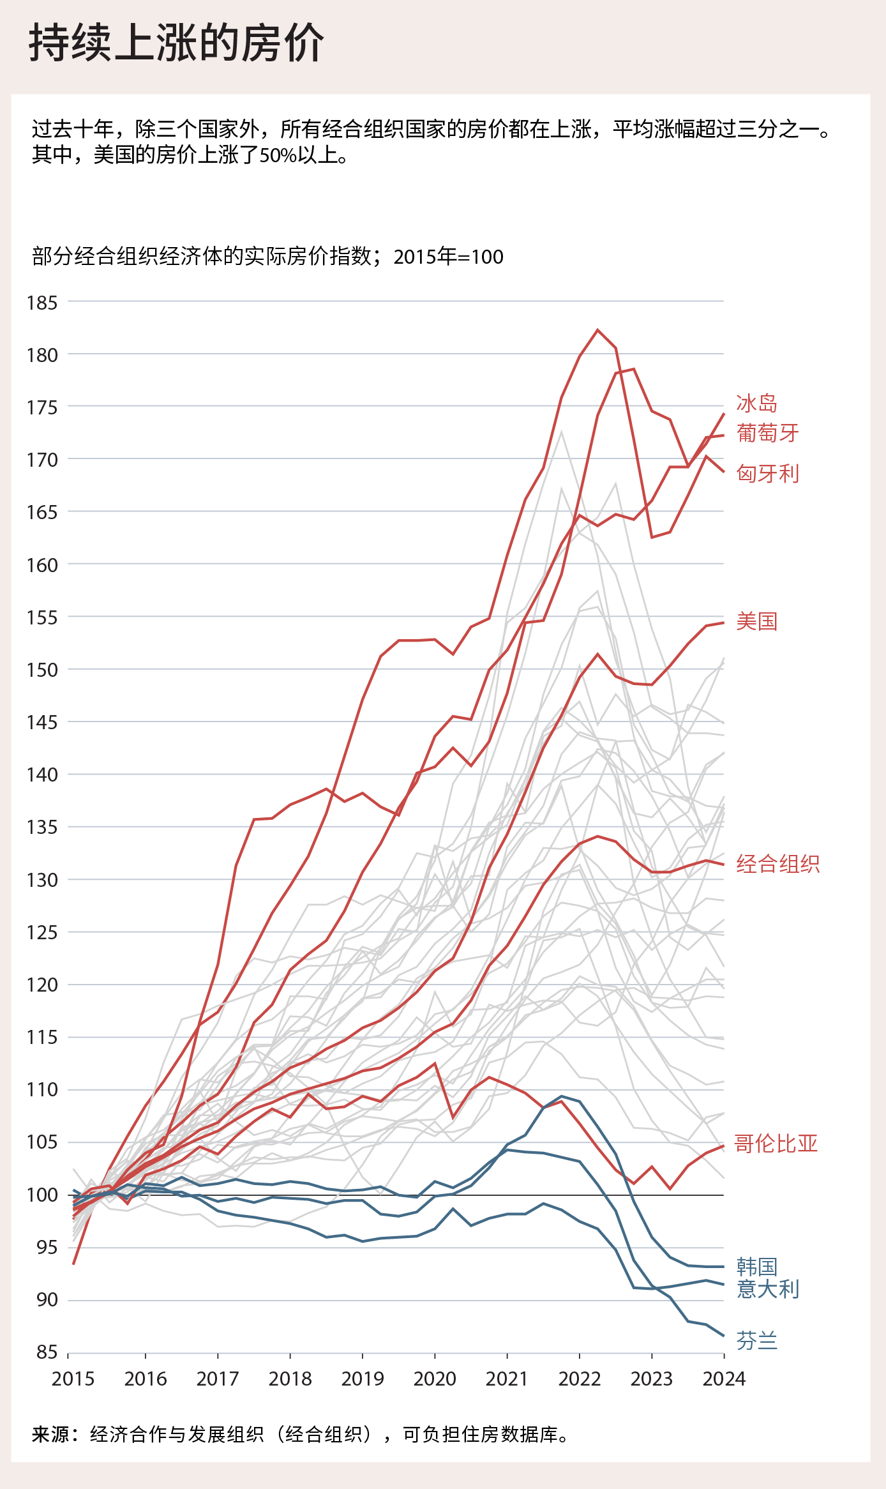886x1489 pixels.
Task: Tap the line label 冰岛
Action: [756, 404]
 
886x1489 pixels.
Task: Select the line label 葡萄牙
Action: [767, 433]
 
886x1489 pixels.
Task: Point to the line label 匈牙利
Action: [767, 473]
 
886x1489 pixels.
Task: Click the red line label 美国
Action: [756, 621]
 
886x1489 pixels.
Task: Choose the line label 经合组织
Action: [777, 864]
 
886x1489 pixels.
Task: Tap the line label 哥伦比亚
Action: [776, 1143]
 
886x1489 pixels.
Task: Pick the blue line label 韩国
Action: [756, 1266]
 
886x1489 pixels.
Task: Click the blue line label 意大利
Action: [767, 1289]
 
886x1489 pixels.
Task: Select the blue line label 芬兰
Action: [756, 1340]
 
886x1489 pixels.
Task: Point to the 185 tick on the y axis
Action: [42, 303]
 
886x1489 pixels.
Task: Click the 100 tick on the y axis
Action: [42, 1195]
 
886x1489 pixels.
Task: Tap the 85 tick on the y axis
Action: [46, 1352]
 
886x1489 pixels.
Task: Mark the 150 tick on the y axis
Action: [42, 670]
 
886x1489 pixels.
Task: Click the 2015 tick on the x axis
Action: [73, 1379]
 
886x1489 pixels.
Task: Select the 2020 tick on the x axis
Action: [435, 1379]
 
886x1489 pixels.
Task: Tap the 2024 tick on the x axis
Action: [724, 1379]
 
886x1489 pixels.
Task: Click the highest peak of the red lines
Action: [597, 330]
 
